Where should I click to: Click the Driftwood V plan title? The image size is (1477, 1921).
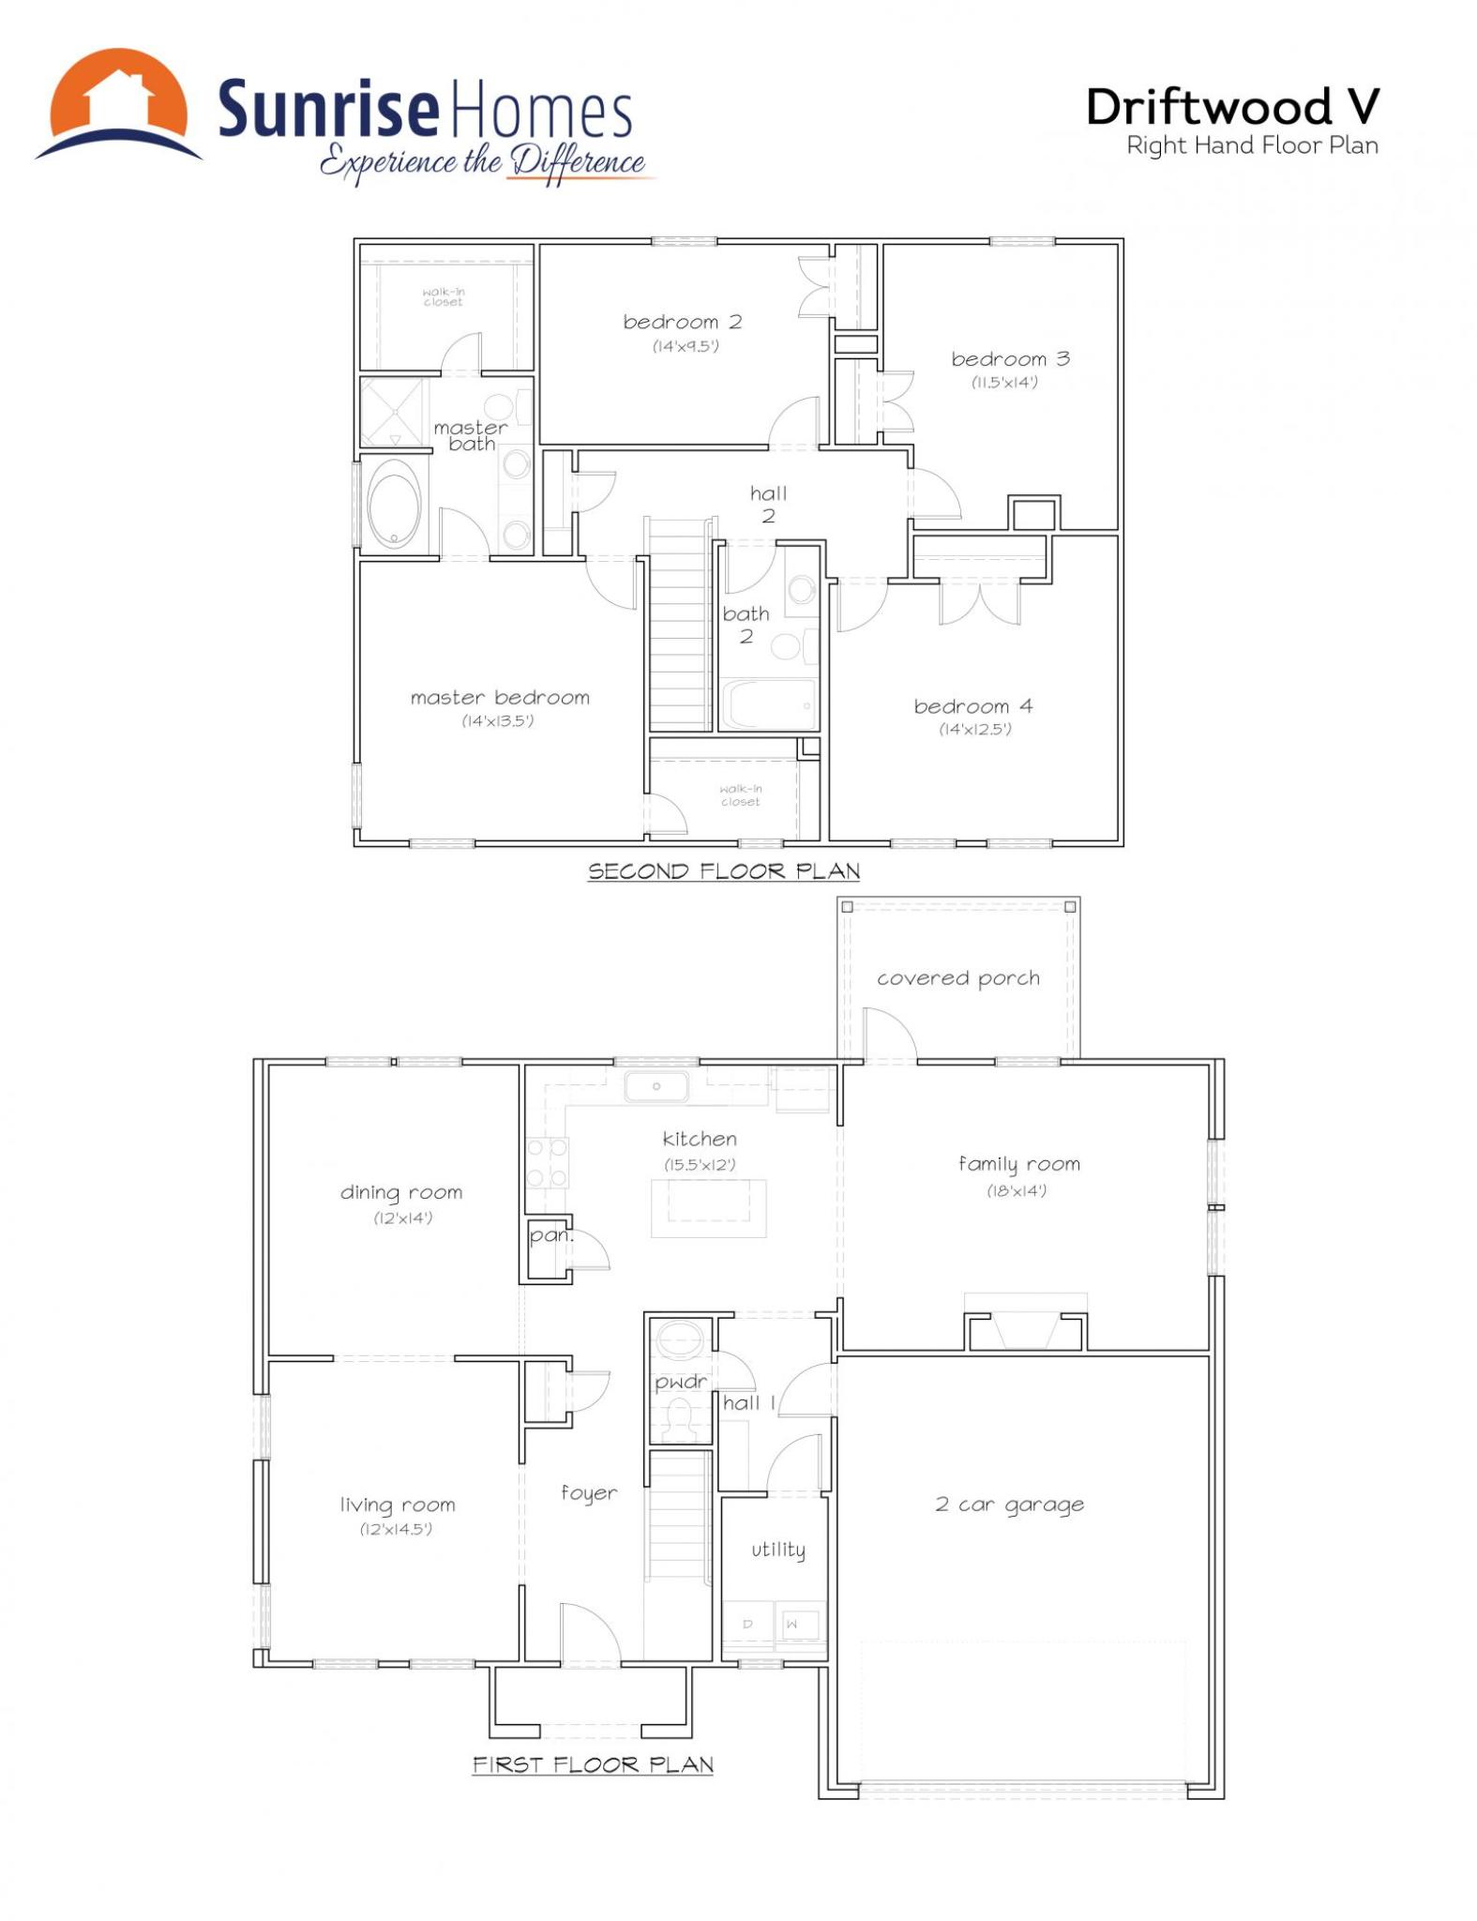point(1233,107)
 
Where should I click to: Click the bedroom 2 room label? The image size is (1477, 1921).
point(683,322)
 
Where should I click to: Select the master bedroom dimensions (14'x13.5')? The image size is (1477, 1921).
point(498,720)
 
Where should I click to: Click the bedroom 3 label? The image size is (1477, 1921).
point(1010,358)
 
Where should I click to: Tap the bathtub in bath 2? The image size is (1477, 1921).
point(768,703)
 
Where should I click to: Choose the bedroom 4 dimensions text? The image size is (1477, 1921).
point(975,729)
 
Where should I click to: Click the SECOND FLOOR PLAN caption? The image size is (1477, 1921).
point(724,871)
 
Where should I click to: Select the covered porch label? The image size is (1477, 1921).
point(958,978)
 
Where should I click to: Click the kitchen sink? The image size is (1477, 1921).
point(656,1086)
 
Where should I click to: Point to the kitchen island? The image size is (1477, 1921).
point(709,1207)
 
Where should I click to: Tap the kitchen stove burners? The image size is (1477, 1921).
point(547,1163)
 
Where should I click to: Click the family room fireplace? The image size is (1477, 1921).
point(1025,1324)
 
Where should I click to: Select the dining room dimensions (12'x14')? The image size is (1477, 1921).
point(402,1218)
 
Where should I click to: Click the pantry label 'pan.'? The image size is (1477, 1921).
point(551,1236)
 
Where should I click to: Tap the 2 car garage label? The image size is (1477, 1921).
point(1009,1505)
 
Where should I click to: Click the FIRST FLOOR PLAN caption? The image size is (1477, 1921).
point(593,1764)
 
